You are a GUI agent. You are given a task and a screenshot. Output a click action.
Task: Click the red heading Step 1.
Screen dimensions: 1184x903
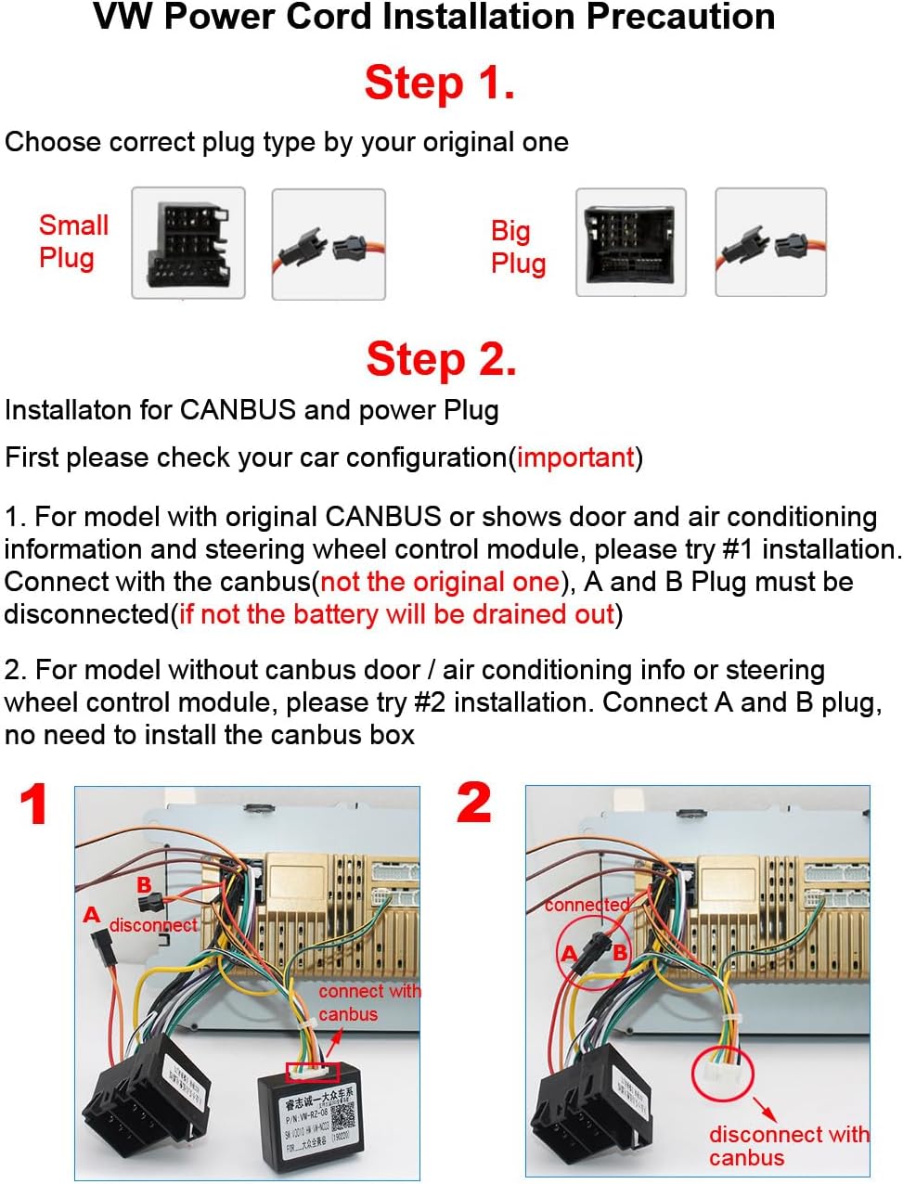click(439, 83)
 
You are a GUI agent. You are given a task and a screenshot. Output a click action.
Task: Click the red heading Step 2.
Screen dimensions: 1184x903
click(441, 359)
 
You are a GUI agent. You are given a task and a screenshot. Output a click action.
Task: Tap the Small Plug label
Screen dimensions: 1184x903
click(73, 241)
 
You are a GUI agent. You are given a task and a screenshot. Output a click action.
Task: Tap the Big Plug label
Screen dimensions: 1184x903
click(517, 247)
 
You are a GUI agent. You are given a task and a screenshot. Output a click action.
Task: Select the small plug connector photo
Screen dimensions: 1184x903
click(188, 243)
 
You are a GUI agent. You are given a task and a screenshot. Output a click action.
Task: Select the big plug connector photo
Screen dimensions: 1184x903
click(630, 242)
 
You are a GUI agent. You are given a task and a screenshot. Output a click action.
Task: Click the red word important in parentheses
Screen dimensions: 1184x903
click(575, 457)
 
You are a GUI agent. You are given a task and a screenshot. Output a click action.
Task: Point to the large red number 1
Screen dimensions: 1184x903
click(34, 804)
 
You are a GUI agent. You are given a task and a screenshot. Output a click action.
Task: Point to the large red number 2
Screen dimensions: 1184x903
click(473, 803)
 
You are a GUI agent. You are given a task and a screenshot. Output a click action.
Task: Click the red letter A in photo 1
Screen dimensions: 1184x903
click(91, 915)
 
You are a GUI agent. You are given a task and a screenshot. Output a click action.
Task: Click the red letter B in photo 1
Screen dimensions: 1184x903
click(144, 884)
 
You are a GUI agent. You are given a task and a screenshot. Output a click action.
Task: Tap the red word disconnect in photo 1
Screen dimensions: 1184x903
click(153, 925)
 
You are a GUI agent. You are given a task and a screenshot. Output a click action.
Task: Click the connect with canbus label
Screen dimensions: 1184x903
click(368, 1002)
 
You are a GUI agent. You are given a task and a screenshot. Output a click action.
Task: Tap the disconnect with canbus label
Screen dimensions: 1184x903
click(788, 1146)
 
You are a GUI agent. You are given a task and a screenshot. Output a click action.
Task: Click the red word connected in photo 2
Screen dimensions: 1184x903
click(587, 905)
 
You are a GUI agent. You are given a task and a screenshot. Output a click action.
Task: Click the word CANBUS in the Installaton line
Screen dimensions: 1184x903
click(237, 410)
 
